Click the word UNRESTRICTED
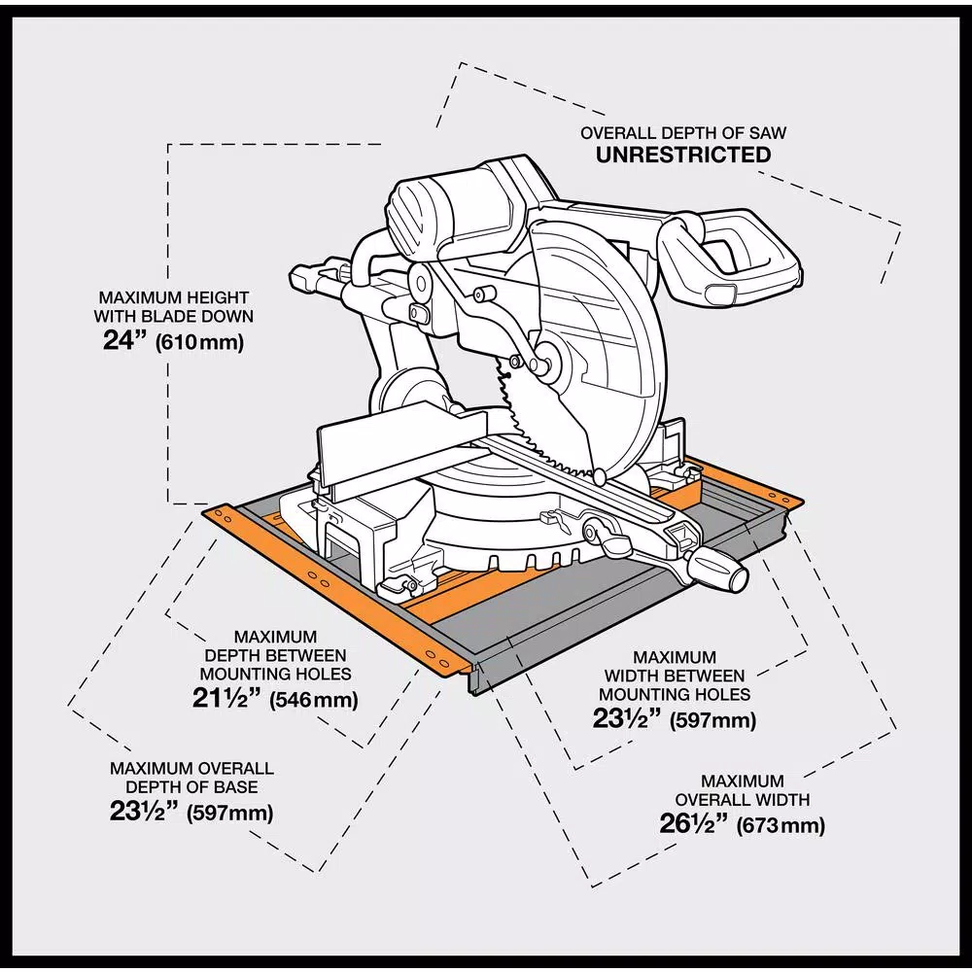(x=683, y=156)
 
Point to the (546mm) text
(x=313, y=699)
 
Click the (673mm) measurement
(x=781, y=826)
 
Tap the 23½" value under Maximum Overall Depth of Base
(x=144, y=812)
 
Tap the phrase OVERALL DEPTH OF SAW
(x=683, y=132)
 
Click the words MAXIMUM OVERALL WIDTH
(x=743, y=790)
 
